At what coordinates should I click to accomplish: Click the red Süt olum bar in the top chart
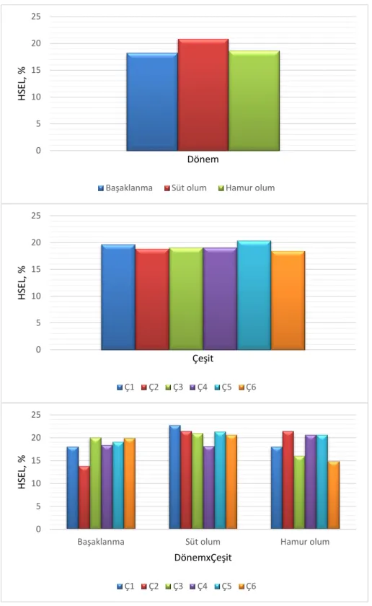point(203,95)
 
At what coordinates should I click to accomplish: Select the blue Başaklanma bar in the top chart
point(152,102)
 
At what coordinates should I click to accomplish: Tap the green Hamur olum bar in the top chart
point(254,100)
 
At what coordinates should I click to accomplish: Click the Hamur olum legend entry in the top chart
point(247,188)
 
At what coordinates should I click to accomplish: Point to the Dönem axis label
point(203,159)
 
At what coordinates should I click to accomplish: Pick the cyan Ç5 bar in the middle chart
point(254,295)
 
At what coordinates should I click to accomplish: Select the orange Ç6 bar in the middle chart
point(288,300)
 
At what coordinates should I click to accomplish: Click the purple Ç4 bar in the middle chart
point(220,299)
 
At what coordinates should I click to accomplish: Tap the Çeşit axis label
point(203,359)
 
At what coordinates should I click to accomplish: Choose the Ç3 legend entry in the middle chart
point(174,387)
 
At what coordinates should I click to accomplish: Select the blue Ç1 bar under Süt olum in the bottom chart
point(174,477)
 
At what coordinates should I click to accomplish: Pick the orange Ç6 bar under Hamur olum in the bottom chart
point(333,495)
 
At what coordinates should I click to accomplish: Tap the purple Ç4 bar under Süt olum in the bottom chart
point(208,488)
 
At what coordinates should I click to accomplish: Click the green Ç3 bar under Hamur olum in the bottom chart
point(299,492)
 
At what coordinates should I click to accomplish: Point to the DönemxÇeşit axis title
point(203,558)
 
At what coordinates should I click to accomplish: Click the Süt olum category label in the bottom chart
point(203,542)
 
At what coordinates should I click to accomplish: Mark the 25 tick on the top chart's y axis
point(36,17)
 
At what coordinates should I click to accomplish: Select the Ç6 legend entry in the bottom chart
point(247,587)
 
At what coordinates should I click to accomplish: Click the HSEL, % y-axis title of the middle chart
point(22,283)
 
